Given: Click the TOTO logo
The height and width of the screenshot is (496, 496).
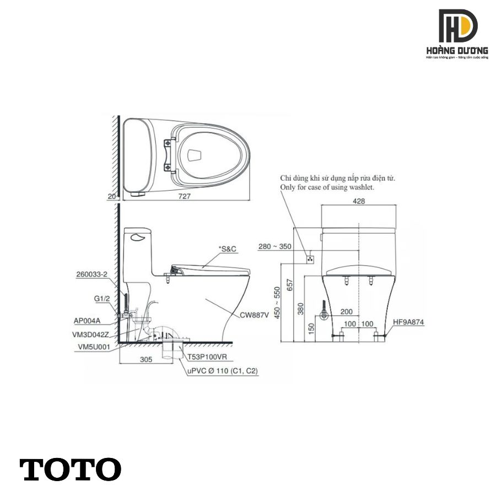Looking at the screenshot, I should click(71, 469).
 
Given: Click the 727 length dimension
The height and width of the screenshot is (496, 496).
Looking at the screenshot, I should click(185, 196).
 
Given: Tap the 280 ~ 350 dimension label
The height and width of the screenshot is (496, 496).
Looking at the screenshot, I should click(275, 246).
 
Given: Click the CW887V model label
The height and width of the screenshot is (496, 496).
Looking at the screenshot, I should click(254, 316).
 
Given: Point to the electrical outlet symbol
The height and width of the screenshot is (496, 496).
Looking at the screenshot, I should click(311, 257).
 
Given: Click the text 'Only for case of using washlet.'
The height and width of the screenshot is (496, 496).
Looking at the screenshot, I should click(327, 187).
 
